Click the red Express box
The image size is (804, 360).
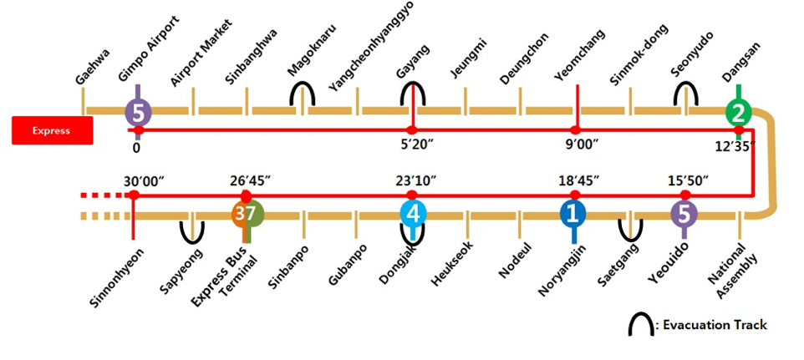click(x=51, y=130)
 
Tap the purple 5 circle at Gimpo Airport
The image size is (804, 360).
click(x=138, y=110)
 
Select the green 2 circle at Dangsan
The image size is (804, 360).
click(x=737, y=111)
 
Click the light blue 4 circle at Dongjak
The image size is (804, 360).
click(x=413, y=214)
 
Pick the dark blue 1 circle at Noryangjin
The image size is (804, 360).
click(x=573, y=214)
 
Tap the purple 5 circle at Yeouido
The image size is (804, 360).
click(x=684, y=214)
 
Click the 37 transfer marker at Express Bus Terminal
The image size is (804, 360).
click(x=247, y=214)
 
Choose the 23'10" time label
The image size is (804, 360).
click(x=415, y=180)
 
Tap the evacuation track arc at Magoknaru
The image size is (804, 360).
click(x=303, y=93)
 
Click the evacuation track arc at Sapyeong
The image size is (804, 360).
click(x=193, y=230)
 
